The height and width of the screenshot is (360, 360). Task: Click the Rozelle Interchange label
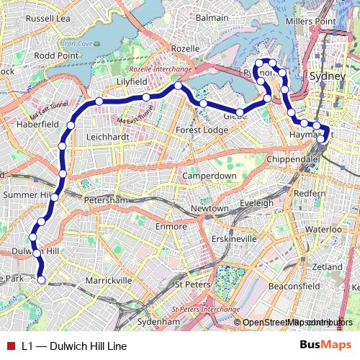(160, 70)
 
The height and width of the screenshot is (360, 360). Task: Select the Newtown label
(210, 209)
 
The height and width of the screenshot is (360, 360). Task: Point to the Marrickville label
(108, 279)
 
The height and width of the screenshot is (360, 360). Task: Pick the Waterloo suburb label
(316, 229)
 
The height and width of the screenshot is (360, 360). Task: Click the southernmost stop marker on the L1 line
(41, 279)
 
